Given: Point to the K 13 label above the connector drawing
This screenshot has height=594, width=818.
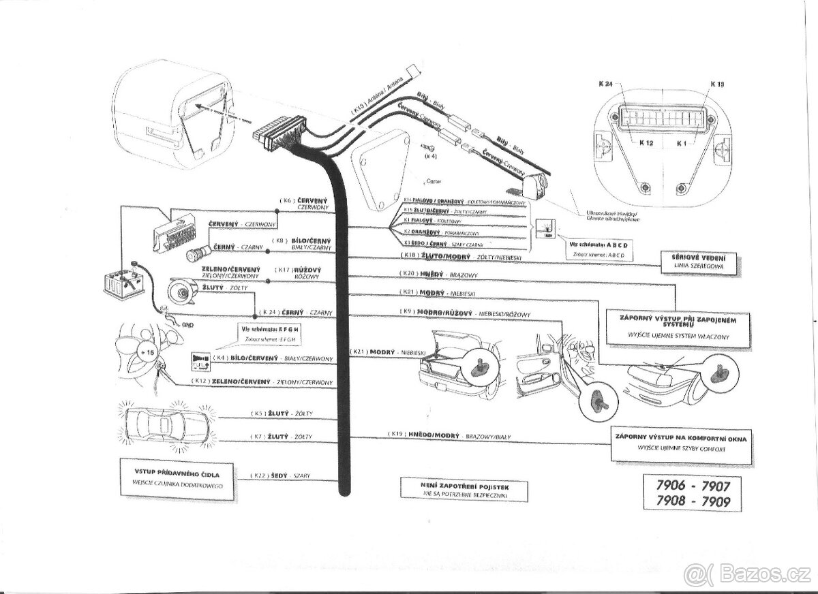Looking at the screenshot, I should tap(717, 84).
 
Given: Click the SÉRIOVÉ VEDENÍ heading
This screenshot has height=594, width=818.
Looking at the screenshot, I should tap(699, 256).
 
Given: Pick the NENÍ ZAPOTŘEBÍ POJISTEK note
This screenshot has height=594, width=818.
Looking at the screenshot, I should tap(465, 485).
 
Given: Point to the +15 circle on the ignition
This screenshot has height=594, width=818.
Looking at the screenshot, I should tap(146, 351).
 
